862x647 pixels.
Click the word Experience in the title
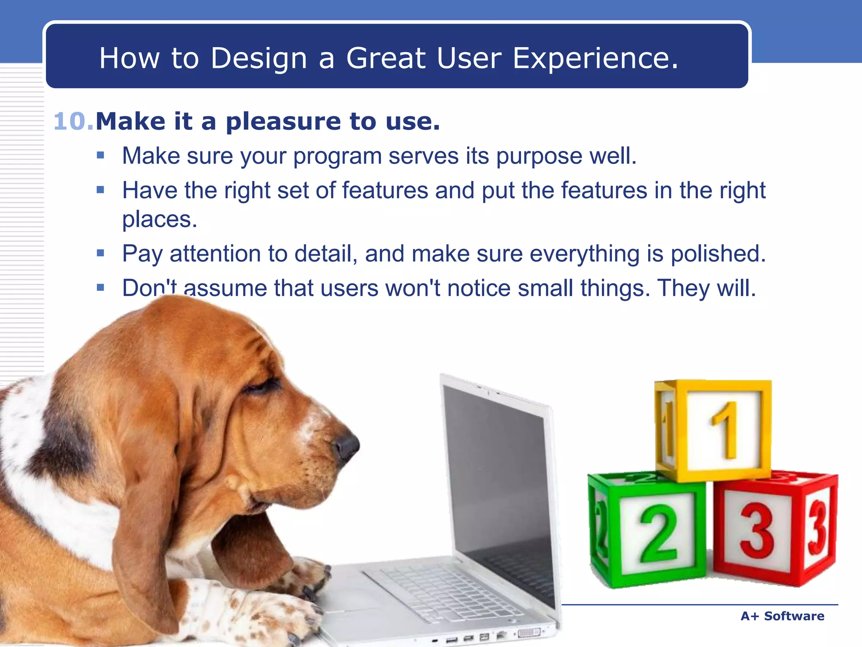[595, 58]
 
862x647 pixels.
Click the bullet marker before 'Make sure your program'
[100, 155]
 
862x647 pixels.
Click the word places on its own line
[159, 219]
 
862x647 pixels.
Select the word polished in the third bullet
[718, 254]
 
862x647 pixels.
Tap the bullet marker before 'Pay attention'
[100, 253]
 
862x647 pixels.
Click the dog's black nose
[348, 446]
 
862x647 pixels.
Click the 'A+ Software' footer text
[782, 616]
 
